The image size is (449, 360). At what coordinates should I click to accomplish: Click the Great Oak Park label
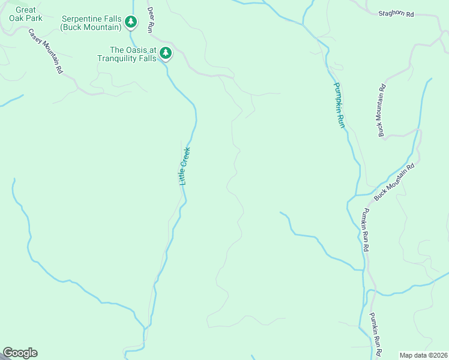click(x=26, y=14)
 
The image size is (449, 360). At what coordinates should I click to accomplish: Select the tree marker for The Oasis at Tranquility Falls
click(x=166, y=54)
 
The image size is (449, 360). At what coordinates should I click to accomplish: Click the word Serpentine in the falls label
click(x=80, y=19)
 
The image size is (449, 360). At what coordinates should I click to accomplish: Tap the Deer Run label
click(x=151, y=19)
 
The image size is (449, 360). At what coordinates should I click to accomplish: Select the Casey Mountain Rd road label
click(x=46, y=51)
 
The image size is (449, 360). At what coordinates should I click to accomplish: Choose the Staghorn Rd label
click(x=396, y=13)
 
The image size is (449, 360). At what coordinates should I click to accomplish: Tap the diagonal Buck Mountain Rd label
click(x=394, y=182)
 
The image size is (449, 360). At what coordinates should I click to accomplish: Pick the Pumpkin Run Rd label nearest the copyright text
click(x=376, y=335)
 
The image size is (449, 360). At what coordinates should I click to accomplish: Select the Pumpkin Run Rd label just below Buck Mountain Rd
click(x=365, y=230)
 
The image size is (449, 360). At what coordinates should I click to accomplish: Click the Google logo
click(x=20, y=353)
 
